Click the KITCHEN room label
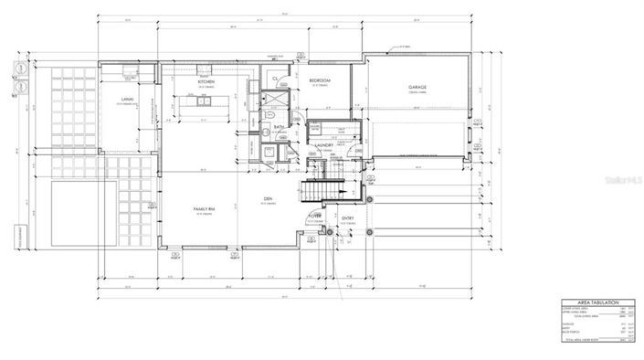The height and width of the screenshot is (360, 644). click(x=206, y=81)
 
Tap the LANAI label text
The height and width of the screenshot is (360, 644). click(x=130, y=98)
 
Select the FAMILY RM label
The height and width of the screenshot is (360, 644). click(x=204, y=210)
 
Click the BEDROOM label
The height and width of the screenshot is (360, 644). click(x=319, y=81)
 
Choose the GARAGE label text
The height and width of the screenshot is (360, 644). click(x=419, y=88)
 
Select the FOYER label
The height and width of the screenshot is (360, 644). click(x=315, y=217)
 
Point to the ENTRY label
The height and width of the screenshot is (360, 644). click(x=348, y=217)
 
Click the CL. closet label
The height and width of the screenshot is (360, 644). click(x=276, y=81)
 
